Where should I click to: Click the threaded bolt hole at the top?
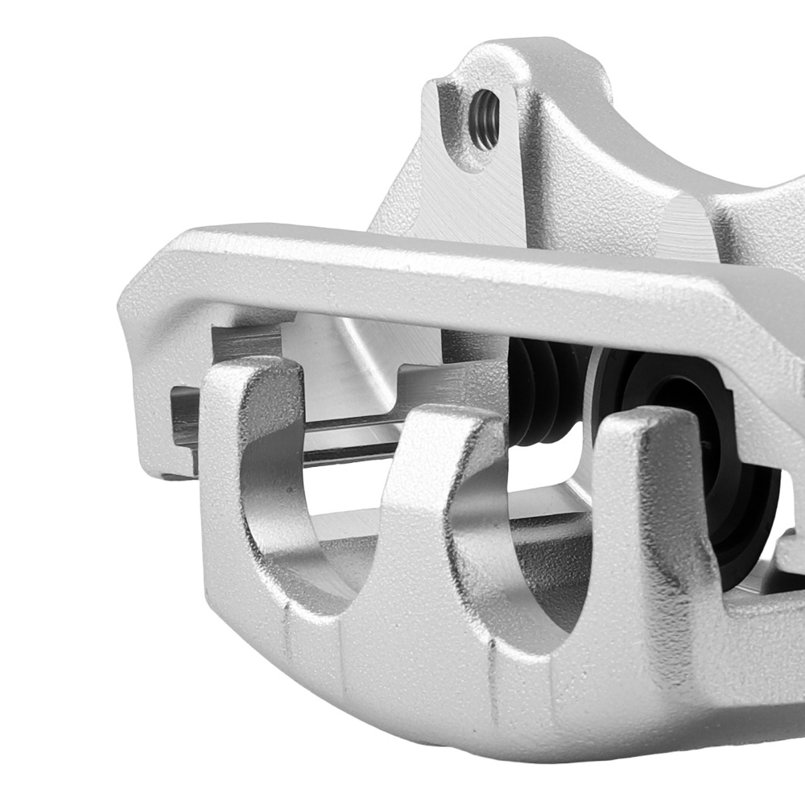coord(485,120)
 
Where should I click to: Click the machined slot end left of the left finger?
coord(184,419)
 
